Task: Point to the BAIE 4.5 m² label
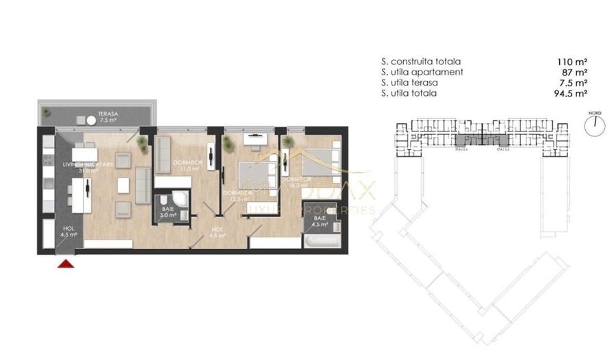click(320, 221)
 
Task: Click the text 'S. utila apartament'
click(422, 71)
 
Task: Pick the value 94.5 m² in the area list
click(569, 93)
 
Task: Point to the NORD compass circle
click(596, 123)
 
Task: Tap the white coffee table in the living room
click(124, 185)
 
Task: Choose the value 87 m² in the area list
click(574, 71)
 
